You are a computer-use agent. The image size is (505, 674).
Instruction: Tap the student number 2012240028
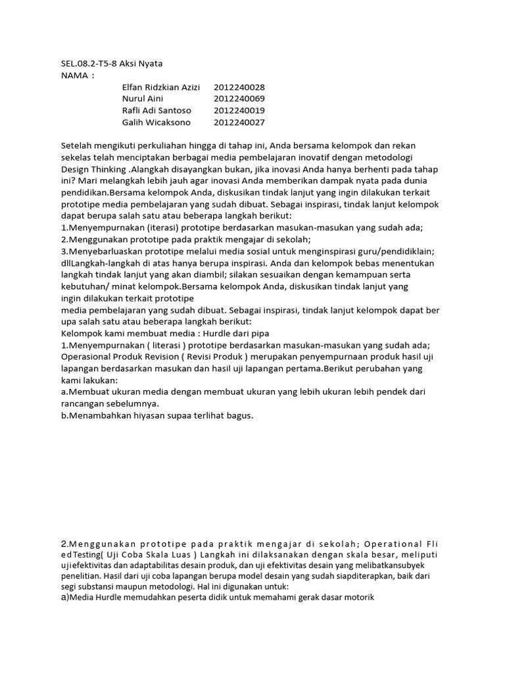point(239,87)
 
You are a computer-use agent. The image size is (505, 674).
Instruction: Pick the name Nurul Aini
point(143,99)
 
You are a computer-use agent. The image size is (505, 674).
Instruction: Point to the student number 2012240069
point(239,99)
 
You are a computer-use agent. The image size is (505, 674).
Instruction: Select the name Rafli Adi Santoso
point(156,111)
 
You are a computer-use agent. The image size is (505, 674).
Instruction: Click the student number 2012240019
point(239,111)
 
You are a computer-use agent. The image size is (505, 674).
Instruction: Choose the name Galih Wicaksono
point(156,122)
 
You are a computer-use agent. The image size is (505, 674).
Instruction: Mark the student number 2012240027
point(239,122)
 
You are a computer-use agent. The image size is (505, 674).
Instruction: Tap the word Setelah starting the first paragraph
point(77,145)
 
